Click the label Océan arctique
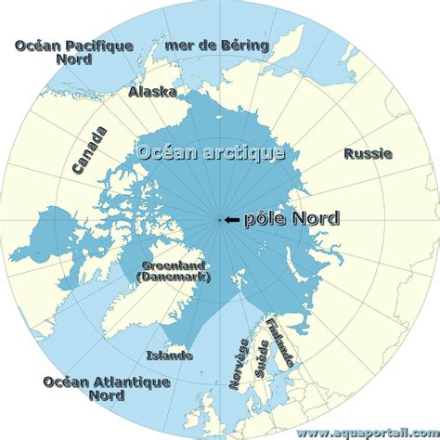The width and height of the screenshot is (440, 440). pos(210,151)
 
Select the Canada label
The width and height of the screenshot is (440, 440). pos(89,150)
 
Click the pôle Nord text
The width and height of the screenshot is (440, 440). pos(290,219)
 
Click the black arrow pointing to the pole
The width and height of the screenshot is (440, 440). pos(231,220)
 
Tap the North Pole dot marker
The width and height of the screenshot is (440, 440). pos(220,220)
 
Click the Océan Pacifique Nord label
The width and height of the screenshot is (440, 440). pos(74,53)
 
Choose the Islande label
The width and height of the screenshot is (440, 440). pos(169,355)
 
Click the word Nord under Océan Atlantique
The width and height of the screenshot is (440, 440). pos(107,395)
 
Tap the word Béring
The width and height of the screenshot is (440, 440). pos(246,45)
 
